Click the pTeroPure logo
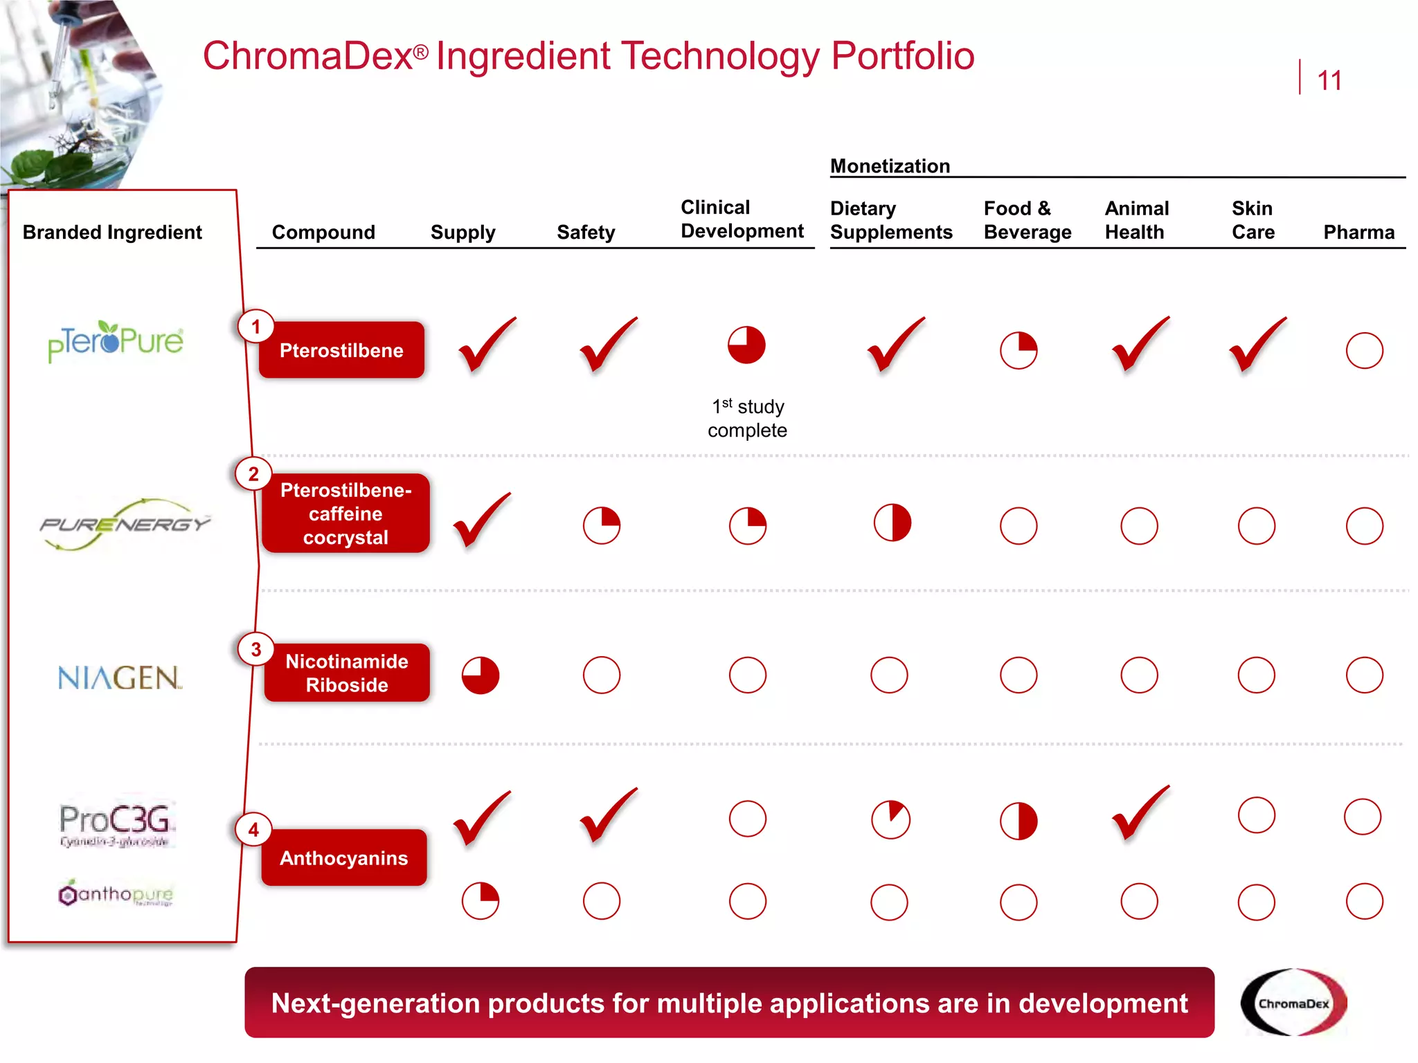(116, 341)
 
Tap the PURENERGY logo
(125, 524)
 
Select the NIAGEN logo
(119, 678)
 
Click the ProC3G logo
(115, 824)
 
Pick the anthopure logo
(116, 893)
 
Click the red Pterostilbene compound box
(341, 350)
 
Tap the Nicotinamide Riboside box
(347, 673)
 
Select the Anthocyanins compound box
(344, 857)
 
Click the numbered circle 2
(253, 474)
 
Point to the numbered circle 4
(253, 829)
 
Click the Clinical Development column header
(742, 219)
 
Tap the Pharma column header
(1358, 233)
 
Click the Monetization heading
(890, 166)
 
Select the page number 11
(1329, 80)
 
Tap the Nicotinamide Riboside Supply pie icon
(481, 675)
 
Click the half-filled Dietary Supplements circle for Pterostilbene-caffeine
(892, 523)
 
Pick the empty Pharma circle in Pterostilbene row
(1364, 351)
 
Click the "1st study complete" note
(747, 418)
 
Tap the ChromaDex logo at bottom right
(1293, 1002)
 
